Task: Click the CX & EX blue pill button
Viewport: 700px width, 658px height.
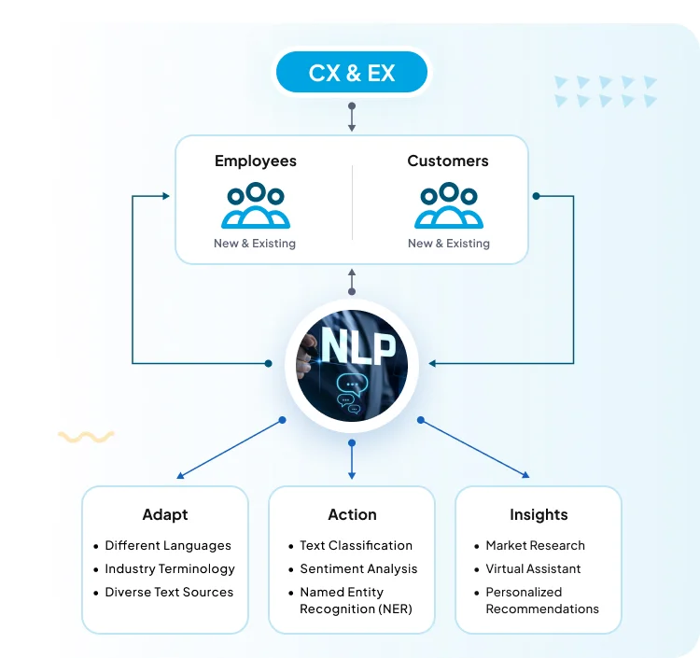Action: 352,73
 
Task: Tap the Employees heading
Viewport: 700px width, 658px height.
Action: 256,161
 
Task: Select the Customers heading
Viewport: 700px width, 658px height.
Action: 448,161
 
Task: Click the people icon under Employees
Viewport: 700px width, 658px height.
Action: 256,206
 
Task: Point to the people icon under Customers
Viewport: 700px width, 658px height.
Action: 449,206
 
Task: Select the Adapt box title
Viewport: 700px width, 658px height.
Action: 165,514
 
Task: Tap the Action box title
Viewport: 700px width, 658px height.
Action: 352,514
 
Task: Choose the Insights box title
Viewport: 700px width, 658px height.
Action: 539,514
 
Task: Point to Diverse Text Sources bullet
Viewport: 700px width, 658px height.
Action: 169,592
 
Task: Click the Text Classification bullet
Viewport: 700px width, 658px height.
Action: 356,545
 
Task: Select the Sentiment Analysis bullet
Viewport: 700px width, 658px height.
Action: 358,568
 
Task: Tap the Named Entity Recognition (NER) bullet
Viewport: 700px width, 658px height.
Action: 356,600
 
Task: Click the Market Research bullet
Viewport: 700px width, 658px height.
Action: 535,545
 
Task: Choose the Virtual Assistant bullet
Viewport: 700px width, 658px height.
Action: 533,568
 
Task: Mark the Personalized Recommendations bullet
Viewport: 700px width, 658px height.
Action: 542,600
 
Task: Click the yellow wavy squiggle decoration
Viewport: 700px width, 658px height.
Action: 86,436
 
